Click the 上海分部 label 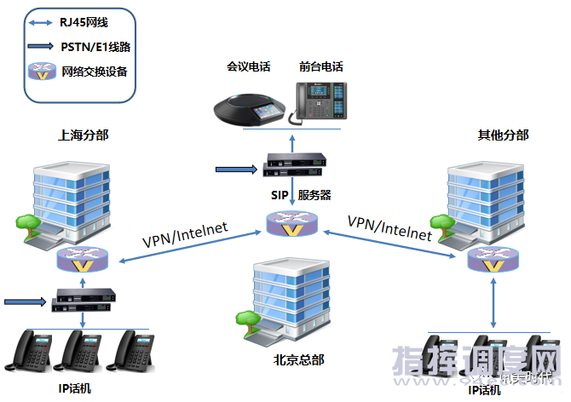[83, 135]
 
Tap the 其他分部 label [503, 135]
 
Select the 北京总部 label [294, 359]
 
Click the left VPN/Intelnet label [184, 238]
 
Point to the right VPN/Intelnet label [389, 225]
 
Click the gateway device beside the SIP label [292, 163]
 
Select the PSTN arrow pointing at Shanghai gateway [25, 301]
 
